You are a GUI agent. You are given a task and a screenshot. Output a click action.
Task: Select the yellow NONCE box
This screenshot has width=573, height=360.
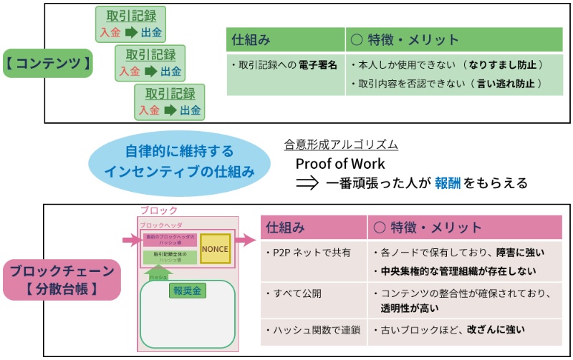coord(215,248)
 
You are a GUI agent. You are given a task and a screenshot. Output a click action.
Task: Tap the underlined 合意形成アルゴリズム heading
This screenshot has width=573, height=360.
coord(341,145)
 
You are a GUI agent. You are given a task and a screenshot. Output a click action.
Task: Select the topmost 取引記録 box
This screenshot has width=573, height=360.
coord(131,24)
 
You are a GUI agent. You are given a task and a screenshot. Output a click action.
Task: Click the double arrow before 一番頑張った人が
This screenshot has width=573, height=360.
coord(307,183)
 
